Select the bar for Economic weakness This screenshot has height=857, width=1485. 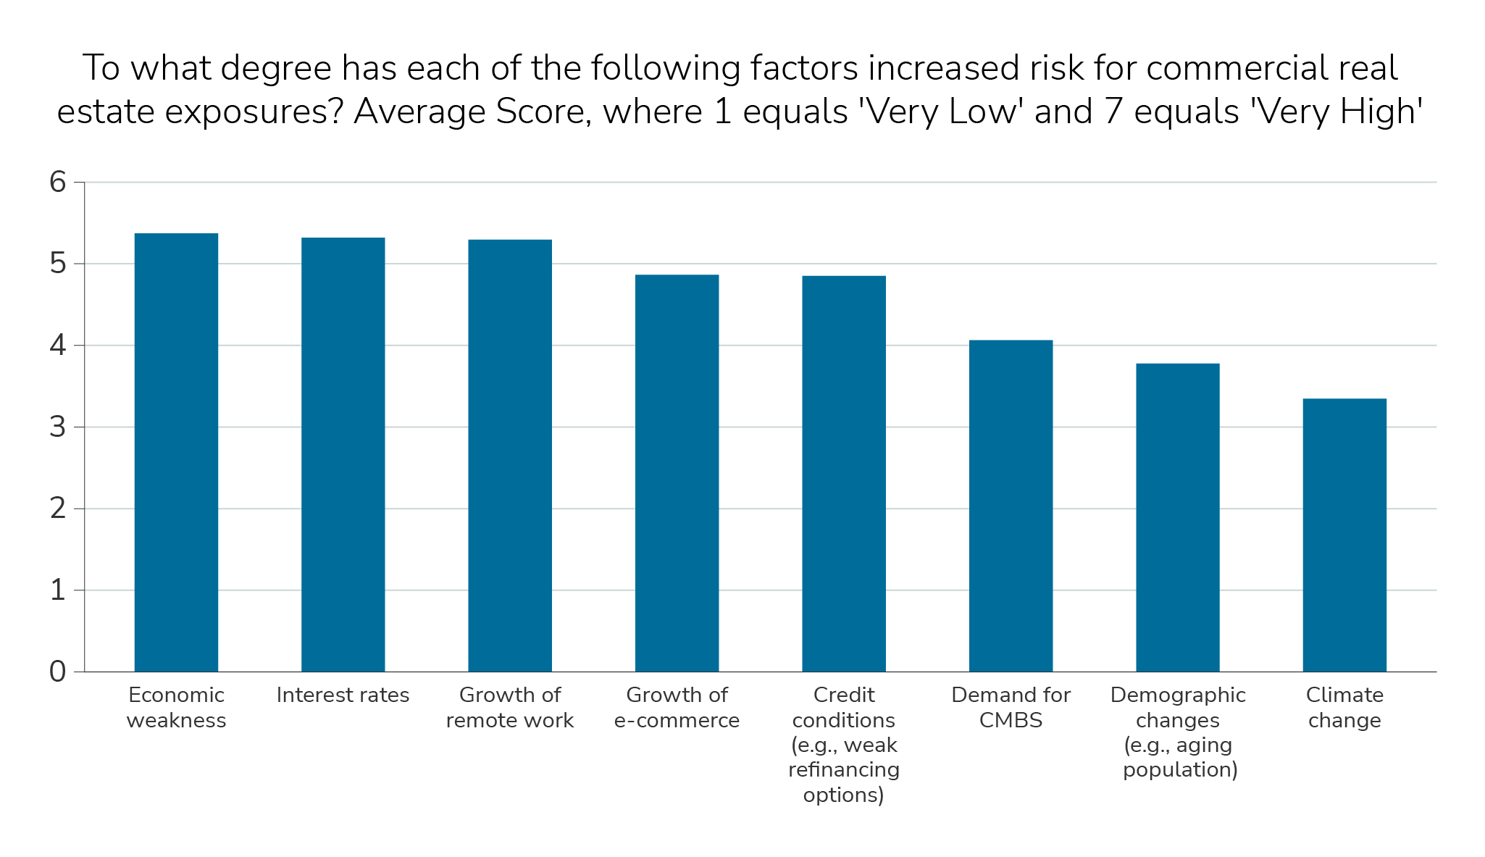point(176,453)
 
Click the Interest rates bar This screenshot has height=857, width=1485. point(343,455)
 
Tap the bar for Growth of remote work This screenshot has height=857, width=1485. point(510,456)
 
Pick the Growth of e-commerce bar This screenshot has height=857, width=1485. point(677,473)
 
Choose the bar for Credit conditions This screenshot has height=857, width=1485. point(844,474)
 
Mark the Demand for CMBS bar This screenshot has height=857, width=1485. point(1011,506)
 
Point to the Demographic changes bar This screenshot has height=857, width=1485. point(1178,517)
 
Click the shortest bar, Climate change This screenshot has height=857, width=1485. point(1344,535)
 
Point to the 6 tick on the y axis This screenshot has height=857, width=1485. point(57,183)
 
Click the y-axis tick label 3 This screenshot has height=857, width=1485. point(57,427)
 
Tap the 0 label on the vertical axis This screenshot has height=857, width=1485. point(57,672)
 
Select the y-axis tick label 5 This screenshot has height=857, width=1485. point(57,264)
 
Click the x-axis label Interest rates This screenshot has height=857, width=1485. point(343,695)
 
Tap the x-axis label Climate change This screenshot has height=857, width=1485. point(1344,708)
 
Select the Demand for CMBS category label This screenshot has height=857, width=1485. point(1011,708)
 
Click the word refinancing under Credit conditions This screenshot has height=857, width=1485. point(844,769)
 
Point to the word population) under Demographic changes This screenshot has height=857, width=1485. point(1180,769)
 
